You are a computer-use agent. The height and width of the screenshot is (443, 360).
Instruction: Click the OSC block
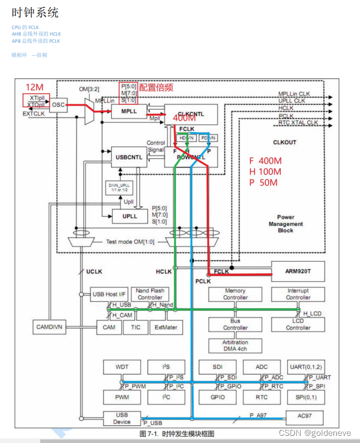click(58, 104)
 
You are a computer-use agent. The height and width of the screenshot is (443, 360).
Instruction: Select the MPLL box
click(129, 111)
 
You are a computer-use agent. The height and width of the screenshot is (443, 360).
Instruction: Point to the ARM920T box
click(298, 271)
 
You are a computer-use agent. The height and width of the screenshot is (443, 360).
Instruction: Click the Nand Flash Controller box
click(150, 295)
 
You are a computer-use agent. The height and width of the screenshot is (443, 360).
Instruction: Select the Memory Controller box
click(235, 295)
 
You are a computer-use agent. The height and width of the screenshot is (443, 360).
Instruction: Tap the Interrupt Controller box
click(298, 295)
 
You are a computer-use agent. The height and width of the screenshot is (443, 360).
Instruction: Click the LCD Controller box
click(298, 324)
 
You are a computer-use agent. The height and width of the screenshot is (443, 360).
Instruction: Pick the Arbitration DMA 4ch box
click(235, 346)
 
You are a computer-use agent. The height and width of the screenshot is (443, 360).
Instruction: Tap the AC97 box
click(304, 417)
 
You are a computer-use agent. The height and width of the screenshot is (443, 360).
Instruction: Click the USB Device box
click(121, 419)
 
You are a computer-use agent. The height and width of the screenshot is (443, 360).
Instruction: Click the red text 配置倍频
click(156, 87)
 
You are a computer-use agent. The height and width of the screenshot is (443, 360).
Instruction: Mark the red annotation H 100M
click(265, 171)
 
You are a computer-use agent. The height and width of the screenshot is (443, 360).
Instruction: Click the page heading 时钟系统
click(35, 12)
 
